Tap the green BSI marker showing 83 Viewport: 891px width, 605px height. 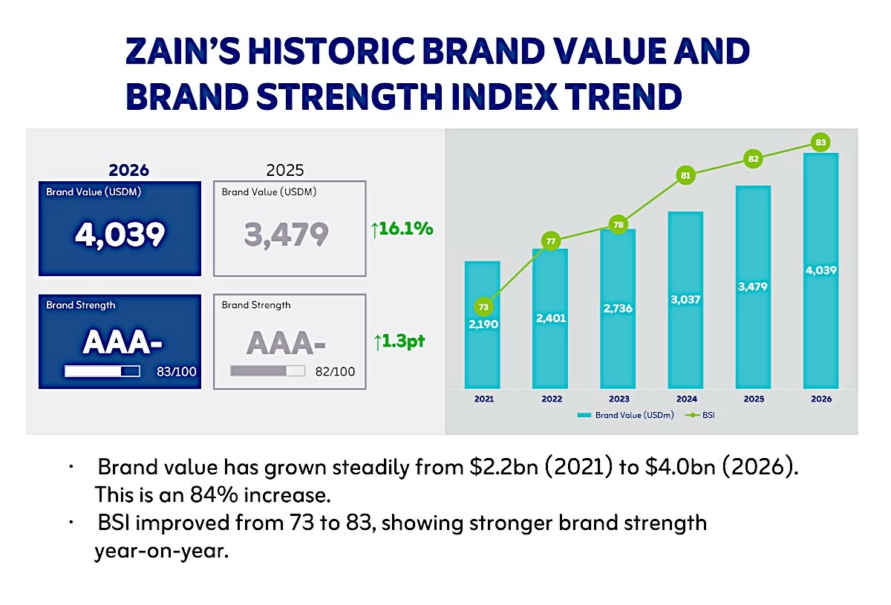point(820,142)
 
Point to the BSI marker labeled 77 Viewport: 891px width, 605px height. point(551,241)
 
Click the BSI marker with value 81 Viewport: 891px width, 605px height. point(685,176)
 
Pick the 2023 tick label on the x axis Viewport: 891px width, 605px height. point(619,399)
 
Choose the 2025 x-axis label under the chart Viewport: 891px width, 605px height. point(754,399)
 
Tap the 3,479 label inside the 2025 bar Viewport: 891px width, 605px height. point(753,287)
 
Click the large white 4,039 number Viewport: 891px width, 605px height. point(120,235)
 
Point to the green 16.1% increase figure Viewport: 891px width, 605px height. point(403,229)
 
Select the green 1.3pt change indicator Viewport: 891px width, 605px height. point(399,342)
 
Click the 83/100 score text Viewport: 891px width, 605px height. point(177,371)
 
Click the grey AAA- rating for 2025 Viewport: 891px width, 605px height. point(287,343)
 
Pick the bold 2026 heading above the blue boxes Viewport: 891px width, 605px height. point(128,170)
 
